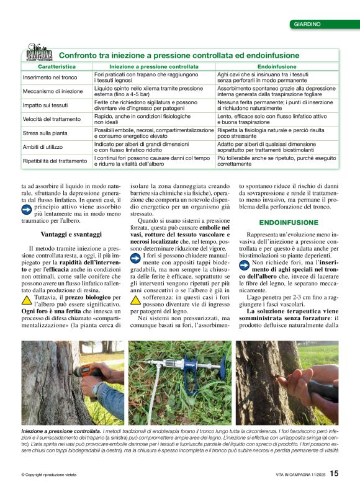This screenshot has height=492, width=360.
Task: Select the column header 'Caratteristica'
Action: click(56, 66)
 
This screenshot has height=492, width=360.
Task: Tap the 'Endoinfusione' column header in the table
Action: click(277, 66)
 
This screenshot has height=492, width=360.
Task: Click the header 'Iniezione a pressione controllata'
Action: click(154, 66)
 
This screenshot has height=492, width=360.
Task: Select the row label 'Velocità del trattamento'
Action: click(52, 119)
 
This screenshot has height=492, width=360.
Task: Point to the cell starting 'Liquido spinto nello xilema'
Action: click(148, 91)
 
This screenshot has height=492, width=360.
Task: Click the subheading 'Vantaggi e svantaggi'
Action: click(71, 234)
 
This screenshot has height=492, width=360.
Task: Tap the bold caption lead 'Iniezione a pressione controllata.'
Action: click(60, 431)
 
